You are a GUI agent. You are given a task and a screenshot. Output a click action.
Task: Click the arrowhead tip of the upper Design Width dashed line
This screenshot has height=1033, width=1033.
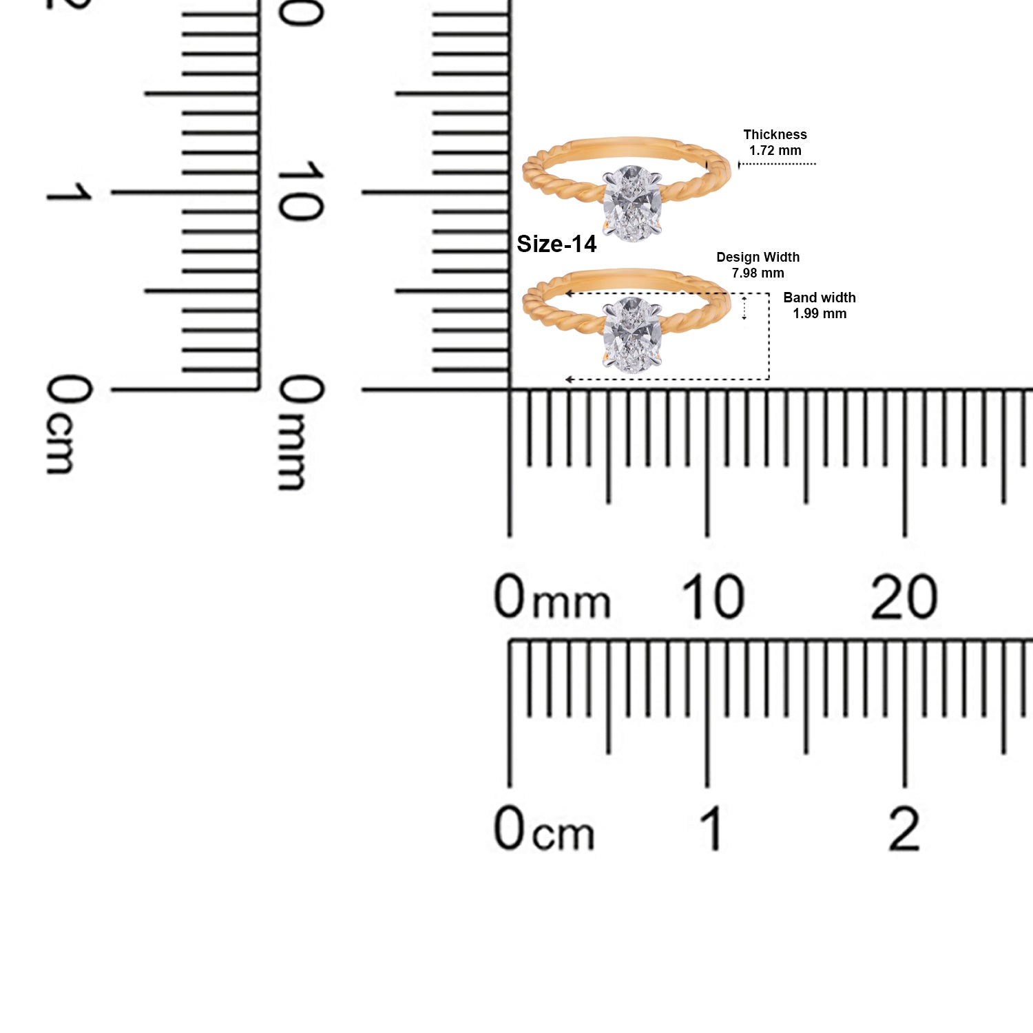coord(566,293)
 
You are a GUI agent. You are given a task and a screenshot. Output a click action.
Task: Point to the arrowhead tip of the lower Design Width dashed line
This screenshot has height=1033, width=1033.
coord(565,379)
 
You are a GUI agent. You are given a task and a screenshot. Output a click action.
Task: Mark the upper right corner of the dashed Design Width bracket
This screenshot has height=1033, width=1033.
coord(769,293)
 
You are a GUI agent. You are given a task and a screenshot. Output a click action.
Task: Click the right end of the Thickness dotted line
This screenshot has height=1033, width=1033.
coord(816,164)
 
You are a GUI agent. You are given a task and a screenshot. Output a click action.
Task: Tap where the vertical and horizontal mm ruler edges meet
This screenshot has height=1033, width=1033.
coord(510,390)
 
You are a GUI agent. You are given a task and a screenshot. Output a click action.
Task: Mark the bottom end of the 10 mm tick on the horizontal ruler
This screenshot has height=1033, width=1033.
coord(707,536)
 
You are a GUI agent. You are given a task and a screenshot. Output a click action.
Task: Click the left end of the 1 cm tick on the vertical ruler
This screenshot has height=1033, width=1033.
coord(112,192)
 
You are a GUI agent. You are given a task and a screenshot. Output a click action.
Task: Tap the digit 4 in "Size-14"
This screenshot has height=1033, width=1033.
coord(589,244)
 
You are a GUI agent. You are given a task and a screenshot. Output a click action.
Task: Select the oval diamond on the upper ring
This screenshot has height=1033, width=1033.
coord(632,203)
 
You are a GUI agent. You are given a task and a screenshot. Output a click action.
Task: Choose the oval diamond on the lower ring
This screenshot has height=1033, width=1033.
coord(632,335)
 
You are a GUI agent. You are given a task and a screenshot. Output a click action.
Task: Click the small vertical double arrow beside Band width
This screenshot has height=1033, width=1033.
coord(744,308)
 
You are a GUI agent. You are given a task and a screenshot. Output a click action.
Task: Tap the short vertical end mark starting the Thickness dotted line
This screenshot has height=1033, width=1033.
coord(739,165)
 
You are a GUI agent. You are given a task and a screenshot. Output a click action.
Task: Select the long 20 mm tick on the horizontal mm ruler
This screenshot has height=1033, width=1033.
coord(904,463)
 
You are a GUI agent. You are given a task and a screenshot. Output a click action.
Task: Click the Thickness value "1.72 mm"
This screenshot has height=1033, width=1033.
coord(775,150)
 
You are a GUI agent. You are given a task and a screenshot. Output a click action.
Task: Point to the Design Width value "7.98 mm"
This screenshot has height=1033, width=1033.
coord(758,273)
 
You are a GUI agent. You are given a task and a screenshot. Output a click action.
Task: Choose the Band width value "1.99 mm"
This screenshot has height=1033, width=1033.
coord(820,313)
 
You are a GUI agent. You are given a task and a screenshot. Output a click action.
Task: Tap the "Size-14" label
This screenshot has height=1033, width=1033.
coord(556,244)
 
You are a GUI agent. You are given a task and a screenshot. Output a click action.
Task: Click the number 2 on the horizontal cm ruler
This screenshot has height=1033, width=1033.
coord(904,828)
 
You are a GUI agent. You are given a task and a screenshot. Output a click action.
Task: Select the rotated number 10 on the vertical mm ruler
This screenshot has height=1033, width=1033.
coord(300,191)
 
